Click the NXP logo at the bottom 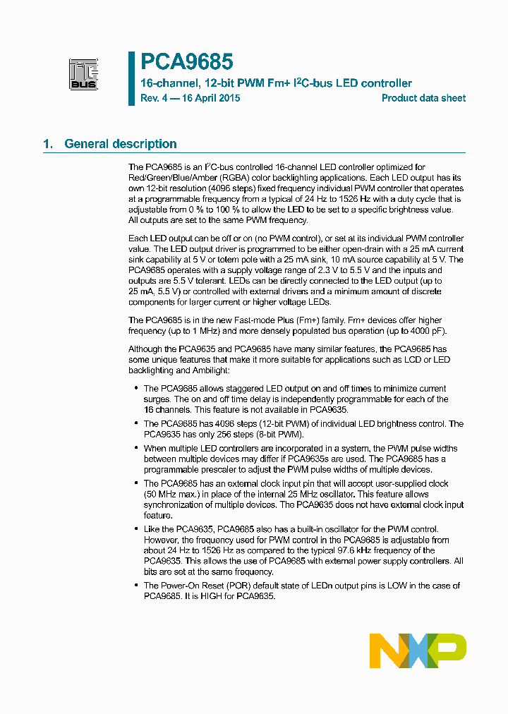pyautogui.click(x=418, y=650)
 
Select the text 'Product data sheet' pyautogui.click(x=423, y=98)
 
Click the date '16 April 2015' pyautogui.click(x=207, y=98)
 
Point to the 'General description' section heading pyautogui.click(x=121, y=144)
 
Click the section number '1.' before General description pyautogui.click(x=49, y=144)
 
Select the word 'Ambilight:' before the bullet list pyautogui.click(x=211, y=370)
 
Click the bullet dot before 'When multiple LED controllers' pyautogui.click(x=135, y=449)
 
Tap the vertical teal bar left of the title pyautogui.click(x=131, y=78)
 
